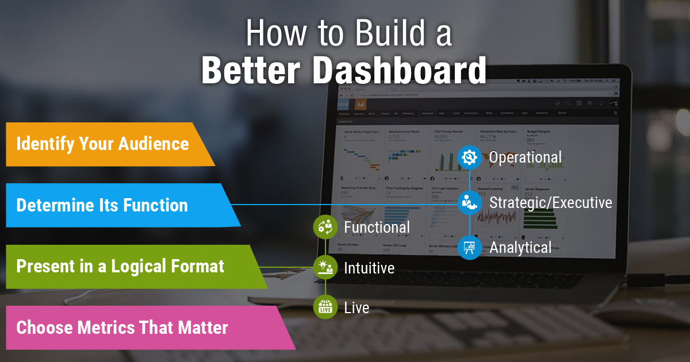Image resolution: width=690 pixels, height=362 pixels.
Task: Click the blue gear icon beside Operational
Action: point(470,156)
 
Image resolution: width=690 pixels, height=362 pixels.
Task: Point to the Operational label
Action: point(525,157)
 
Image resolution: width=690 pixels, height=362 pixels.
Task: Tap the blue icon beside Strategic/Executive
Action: point(470,202)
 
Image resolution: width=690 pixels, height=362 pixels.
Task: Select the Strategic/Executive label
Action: point(550,202)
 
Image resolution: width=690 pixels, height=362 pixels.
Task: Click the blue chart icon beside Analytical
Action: point(470,248)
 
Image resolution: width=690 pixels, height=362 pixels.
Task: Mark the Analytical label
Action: point(520,248)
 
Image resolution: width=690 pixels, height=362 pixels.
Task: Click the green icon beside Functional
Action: point(325,227)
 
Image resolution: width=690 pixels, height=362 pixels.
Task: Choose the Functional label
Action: point(377,228)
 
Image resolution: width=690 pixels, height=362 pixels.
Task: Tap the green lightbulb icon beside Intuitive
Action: point(325,267)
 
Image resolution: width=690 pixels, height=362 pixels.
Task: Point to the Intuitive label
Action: point(369,268)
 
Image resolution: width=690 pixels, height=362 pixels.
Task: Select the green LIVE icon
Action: point(325,307)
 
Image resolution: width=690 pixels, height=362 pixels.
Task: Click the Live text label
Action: point(356,307)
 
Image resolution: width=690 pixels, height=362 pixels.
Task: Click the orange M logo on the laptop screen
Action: point(361,105)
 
